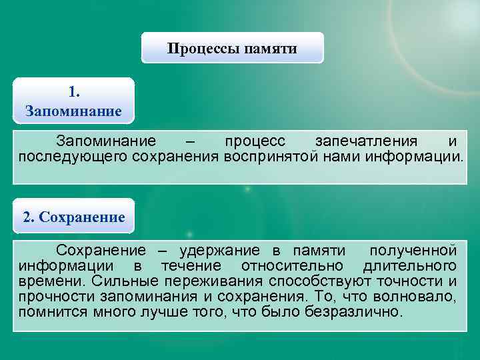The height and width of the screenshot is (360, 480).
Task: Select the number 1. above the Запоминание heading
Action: click(74, 91)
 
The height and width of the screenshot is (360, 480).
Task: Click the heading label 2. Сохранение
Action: click(74, 217)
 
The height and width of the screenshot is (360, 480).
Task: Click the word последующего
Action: click(73, 157)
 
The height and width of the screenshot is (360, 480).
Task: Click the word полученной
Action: click(413, 251)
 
